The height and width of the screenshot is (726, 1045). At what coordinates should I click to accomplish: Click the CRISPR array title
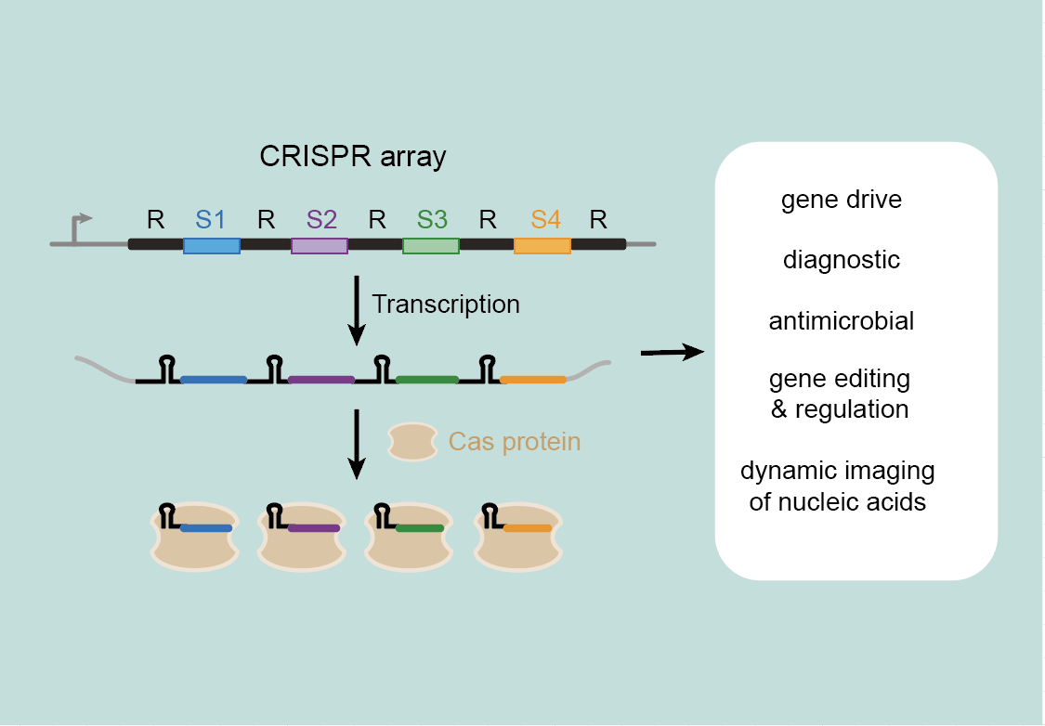(353, 157)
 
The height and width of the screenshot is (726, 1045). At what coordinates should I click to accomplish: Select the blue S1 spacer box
(212, 246)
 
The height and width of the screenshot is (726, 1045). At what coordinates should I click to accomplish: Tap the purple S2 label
(322, 219)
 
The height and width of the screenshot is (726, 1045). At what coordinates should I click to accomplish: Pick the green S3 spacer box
(430, 246)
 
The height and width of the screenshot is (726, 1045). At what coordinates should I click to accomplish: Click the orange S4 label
(546, 219)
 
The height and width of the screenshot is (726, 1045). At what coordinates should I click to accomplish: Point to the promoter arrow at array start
(79, 227)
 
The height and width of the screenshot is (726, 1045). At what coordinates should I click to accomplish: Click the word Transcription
(446, 305)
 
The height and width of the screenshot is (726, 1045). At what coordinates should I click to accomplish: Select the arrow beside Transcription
(358, 310)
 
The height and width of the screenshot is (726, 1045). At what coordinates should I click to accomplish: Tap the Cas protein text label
(515, 442)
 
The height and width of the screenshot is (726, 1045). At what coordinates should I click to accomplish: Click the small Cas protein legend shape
(412, 442)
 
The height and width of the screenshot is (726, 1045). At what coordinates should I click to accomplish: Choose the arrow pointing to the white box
(673, 352)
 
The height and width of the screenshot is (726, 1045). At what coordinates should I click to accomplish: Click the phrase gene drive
(841, 200)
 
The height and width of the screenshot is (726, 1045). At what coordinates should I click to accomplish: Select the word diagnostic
(841, 260)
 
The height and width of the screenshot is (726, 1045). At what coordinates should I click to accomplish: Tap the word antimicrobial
(841, 321)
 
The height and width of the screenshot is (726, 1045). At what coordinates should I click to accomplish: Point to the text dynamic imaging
(838, 471)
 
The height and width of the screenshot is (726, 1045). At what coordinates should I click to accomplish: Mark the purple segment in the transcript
(321, 380)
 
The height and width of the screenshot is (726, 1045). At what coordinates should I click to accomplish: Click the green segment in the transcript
(427, 380)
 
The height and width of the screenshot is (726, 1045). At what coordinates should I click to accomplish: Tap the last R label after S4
(598, 219)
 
